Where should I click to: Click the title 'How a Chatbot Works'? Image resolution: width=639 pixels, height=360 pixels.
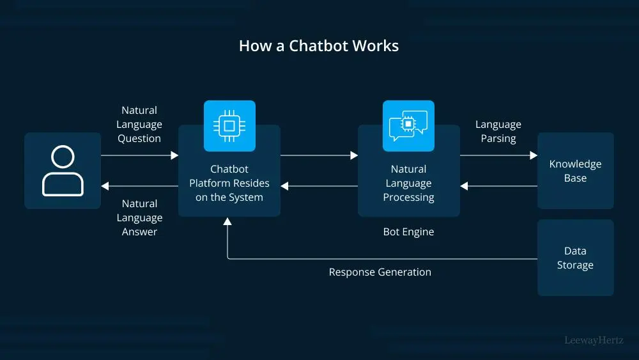tap(319, 46)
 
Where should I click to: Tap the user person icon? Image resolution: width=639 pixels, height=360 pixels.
tap(63, 171)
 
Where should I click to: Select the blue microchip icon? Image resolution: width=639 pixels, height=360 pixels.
tap(229, 126)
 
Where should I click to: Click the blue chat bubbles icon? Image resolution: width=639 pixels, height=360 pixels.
tap(408, 126)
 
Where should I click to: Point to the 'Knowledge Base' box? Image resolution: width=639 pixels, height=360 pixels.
tap(575, 171)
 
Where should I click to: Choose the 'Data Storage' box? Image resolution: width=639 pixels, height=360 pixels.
tap(575, 258)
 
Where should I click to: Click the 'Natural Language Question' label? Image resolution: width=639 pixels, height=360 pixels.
tap(139, 125)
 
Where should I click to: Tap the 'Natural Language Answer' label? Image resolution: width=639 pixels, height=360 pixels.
tap(139, 217)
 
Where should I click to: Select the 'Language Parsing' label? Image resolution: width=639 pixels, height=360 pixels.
tap(498, 131)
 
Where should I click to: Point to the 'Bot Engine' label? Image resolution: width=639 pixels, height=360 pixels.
tap(408, 232)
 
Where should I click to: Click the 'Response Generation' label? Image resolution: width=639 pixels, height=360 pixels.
tap(380, 272)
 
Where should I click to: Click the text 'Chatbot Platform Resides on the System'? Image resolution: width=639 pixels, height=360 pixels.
tap(229, 183)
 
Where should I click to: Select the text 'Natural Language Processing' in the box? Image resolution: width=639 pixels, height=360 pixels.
tap(408, 183)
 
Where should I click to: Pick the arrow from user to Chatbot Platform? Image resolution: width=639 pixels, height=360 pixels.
tap(139, 155)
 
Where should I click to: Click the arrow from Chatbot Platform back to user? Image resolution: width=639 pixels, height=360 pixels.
tap(139, 187)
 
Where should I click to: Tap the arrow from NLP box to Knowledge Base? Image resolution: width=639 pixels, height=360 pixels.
tap(498, 155)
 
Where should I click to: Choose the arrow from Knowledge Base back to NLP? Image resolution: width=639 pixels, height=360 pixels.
tap(498, 187)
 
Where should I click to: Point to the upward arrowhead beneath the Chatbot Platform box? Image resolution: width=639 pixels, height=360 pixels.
tap(227, 222)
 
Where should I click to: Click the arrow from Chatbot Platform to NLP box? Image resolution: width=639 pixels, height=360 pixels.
tap(319, 155)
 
